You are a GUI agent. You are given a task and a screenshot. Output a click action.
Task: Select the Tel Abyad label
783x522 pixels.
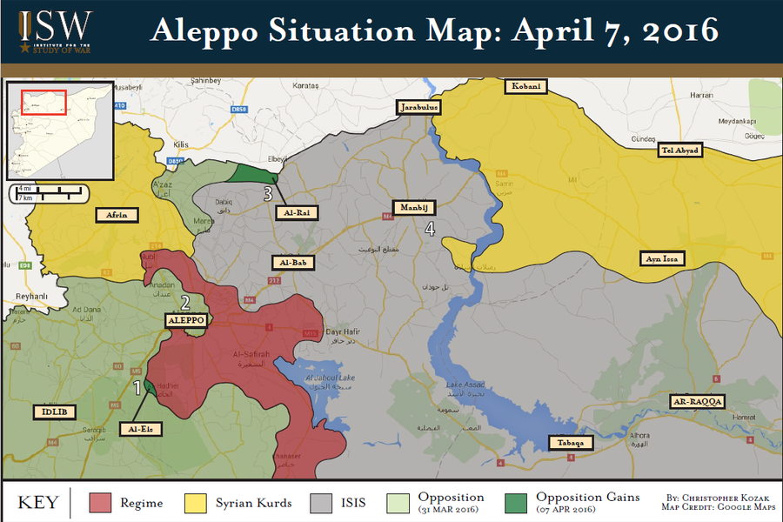point(679,151)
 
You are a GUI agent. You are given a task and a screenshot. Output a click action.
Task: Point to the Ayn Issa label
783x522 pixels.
point(662,258)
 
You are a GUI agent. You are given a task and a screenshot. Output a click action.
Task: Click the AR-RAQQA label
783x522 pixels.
point(698,401)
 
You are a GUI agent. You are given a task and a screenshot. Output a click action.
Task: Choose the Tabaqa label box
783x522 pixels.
point(571,443)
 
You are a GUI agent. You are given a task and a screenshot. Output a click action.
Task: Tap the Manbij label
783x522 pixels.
point(413,208)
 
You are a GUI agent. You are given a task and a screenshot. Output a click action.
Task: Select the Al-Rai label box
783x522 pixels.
point(297,211)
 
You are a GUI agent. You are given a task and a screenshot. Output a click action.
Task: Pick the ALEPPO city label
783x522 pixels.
point(186,320)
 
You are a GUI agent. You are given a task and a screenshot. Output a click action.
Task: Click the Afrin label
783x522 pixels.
point(116,214)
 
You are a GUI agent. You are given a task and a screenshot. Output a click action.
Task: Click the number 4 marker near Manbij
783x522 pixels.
point(429,229)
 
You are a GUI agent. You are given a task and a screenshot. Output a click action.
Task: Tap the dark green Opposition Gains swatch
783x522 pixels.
point(518,503)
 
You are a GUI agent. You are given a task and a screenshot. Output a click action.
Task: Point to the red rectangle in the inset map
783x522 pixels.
point(45,101)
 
